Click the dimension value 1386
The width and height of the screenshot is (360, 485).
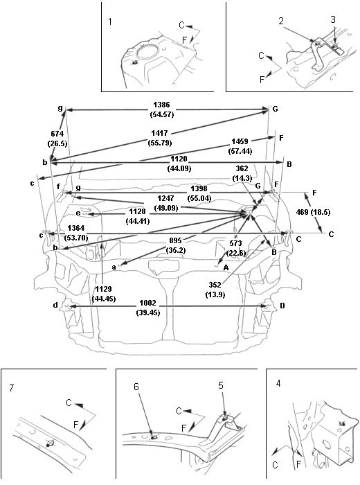pyautogui.click(x=161, y=105)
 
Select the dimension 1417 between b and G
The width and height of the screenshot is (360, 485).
pyautogui.click(x=159, y=133)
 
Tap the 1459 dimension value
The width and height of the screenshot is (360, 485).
pyautogui.click(x=240, y=141)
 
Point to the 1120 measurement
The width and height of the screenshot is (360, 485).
pyautogui.click(x=179, y=159)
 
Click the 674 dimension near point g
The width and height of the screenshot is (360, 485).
pyautogui.click(x=57, y=134)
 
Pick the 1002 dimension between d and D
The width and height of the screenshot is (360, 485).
pyautogui.click(x=147, y=303)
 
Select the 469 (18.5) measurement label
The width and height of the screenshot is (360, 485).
pyautogui.click(x=313, y=212)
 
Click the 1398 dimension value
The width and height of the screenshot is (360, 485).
pyautogui.click(x=199, y=188)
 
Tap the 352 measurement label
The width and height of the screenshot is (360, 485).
pyautogui.click(x=215, y=285)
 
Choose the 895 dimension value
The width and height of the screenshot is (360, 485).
pyautogui.click(x=176, y=240)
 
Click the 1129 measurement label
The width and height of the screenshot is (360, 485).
pyautogui.click(x=103, y=289)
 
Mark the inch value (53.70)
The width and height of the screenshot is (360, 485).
pyautogui.click(x=75, y=238)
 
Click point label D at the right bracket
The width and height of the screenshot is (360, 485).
pyautogui.click(x=282, y=306)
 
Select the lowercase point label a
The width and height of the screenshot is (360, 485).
pyautogui.click(x=114, y=267)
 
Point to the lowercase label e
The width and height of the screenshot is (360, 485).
pyautogui.click(x=78, y=213)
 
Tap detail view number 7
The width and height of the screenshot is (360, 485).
pyautogui.click(x=12, y=387)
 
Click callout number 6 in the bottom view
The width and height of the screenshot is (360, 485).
pyautogui.click(x=136, y=387)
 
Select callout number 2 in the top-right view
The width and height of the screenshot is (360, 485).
pyautogui.click(x=281, y=21)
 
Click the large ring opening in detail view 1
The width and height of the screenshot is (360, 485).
pyautogui.click(x=147, y=52)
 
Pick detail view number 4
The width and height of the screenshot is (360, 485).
pyautogui.click(x=278, y=384)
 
